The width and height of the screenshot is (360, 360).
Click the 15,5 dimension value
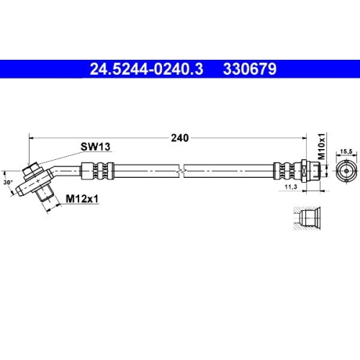click(x=345, y=150)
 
